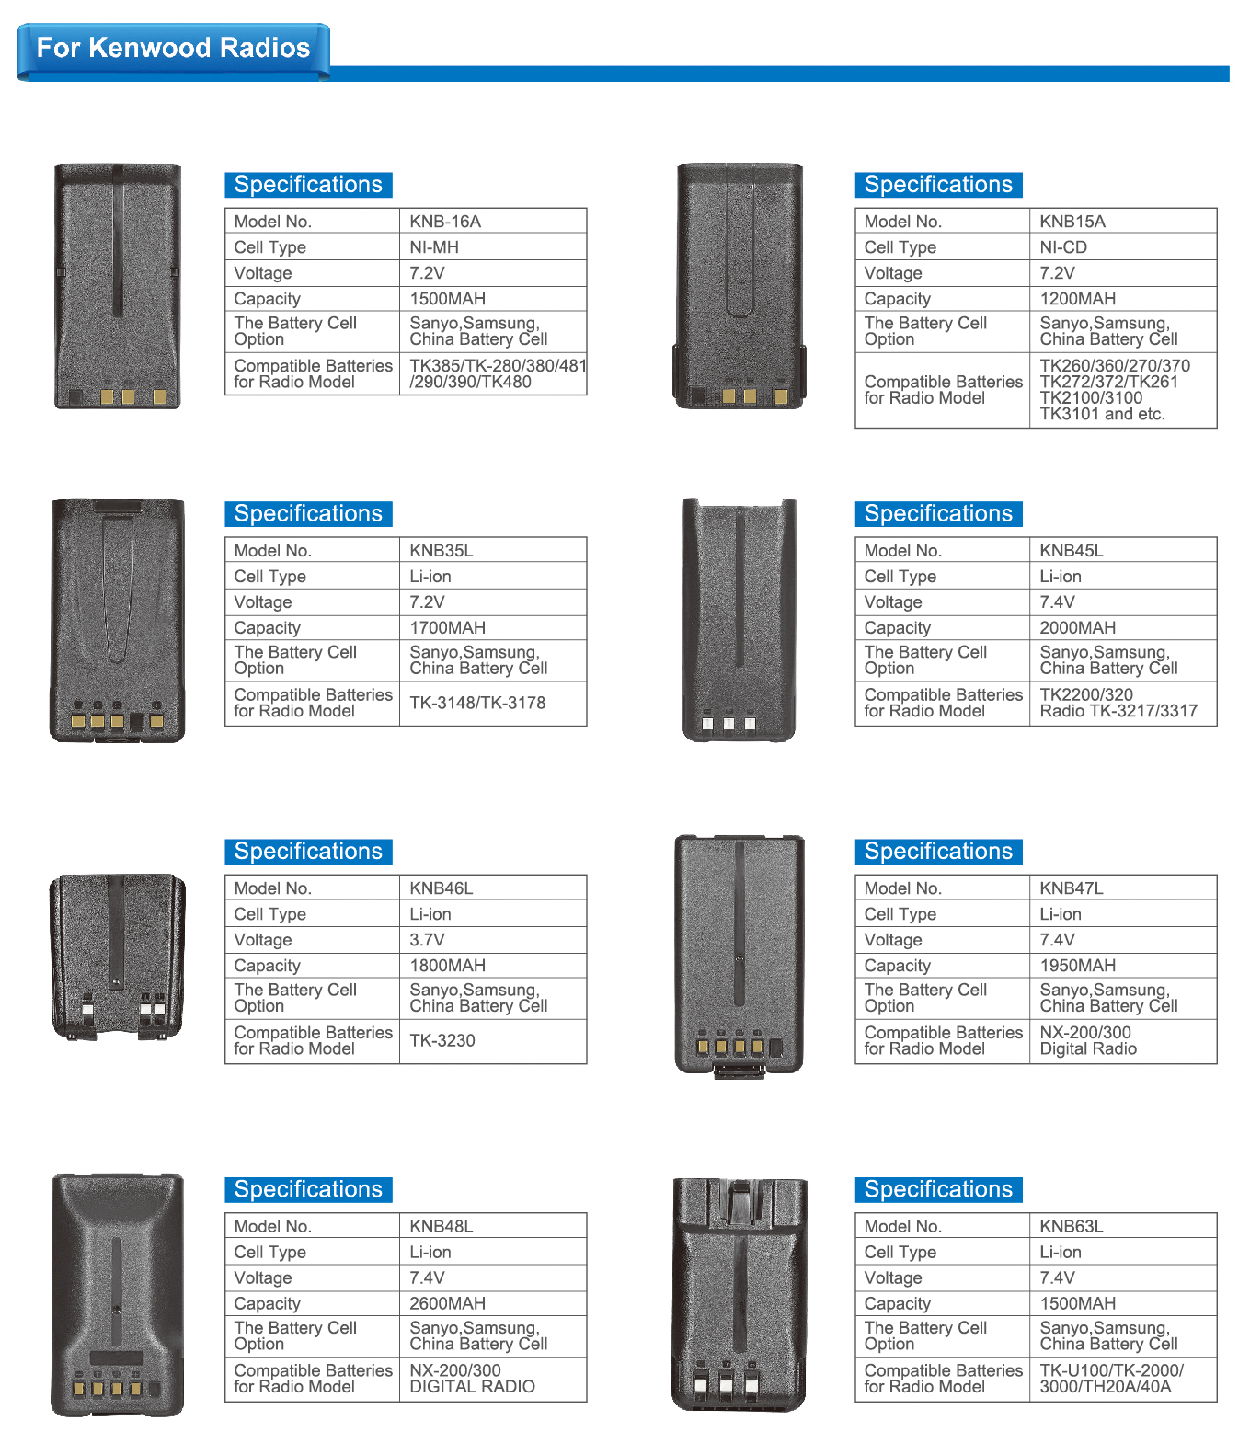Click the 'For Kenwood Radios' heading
(x=173, y=48)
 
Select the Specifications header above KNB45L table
(x=938, y=513)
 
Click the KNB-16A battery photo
(x=118, y=286)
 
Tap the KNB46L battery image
(x=117, y=957)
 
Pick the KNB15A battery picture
(x=740, y=286)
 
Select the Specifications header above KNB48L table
(x=308, y=1189)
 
